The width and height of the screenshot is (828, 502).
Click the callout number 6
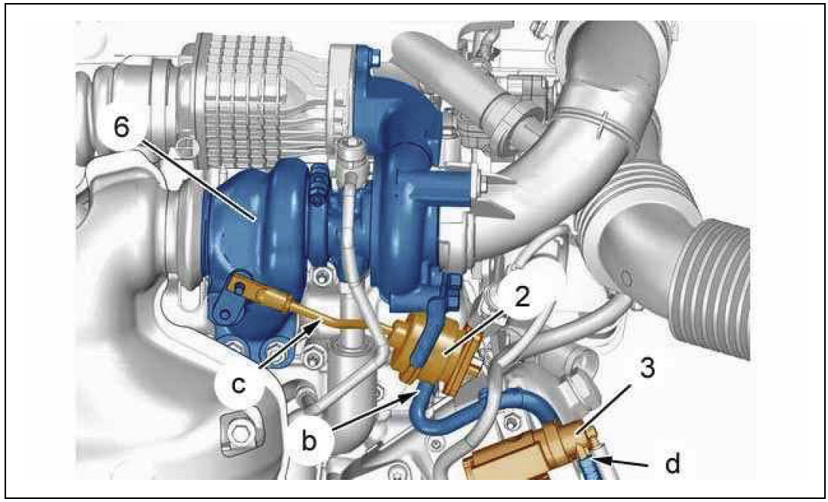coord(122,127)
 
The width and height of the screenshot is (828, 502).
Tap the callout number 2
coord(522,297)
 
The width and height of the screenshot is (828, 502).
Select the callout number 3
coord(648,368)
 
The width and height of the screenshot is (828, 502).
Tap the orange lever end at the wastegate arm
coord(240,286)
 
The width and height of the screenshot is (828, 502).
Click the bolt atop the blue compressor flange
coord(374,56)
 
